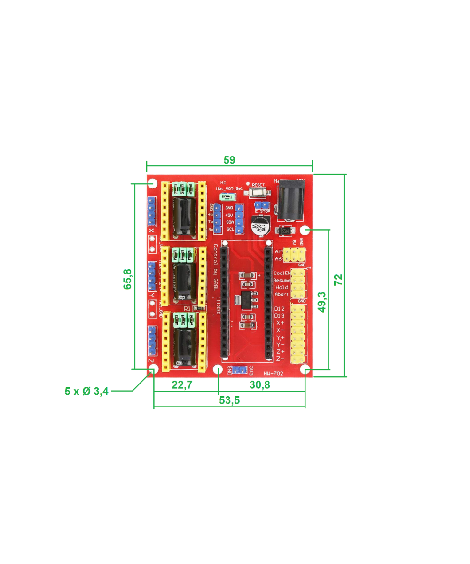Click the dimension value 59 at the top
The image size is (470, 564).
pyautogui.click(x=229, y=160)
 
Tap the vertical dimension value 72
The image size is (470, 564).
pyautogui.click(x=338, y=279)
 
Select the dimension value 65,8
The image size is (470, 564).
pyautogui.click(x=127, y=279)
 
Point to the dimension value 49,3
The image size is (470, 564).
pyautogui.click(x=322, y=301)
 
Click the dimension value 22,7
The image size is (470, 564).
pyautogui.click(x=182, y=385)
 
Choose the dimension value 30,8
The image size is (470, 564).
pyautogui.click(x=260, y=385)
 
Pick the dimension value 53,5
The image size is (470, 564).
pyautogui.click(x=230, y=400)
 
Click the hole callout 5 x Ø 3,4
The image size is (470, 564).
pyautogui.click(x=87, y=391)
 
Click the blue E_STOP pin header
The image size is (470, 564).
pyautogui.click(x=261, y=205)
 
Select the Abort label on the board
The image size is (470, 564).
pyautogui.click(x=282, y=294)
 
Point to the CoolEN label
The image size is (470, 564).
pyautogui.click(x=282, y=273)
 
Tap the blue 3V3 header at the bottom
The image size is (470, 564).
pyautogui.click(x=240, y=370)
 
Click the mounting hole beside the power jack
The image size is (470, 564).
pyautogui.click(x=305, y=230)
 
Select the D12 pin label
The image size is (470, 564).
pyautogui.click(x=279, y=309)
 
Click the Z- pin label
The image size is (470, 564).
pyautogui.click(x=280, y=359)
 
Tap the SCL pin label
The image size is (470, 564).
pyautogui.click(x=230, y=229)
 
